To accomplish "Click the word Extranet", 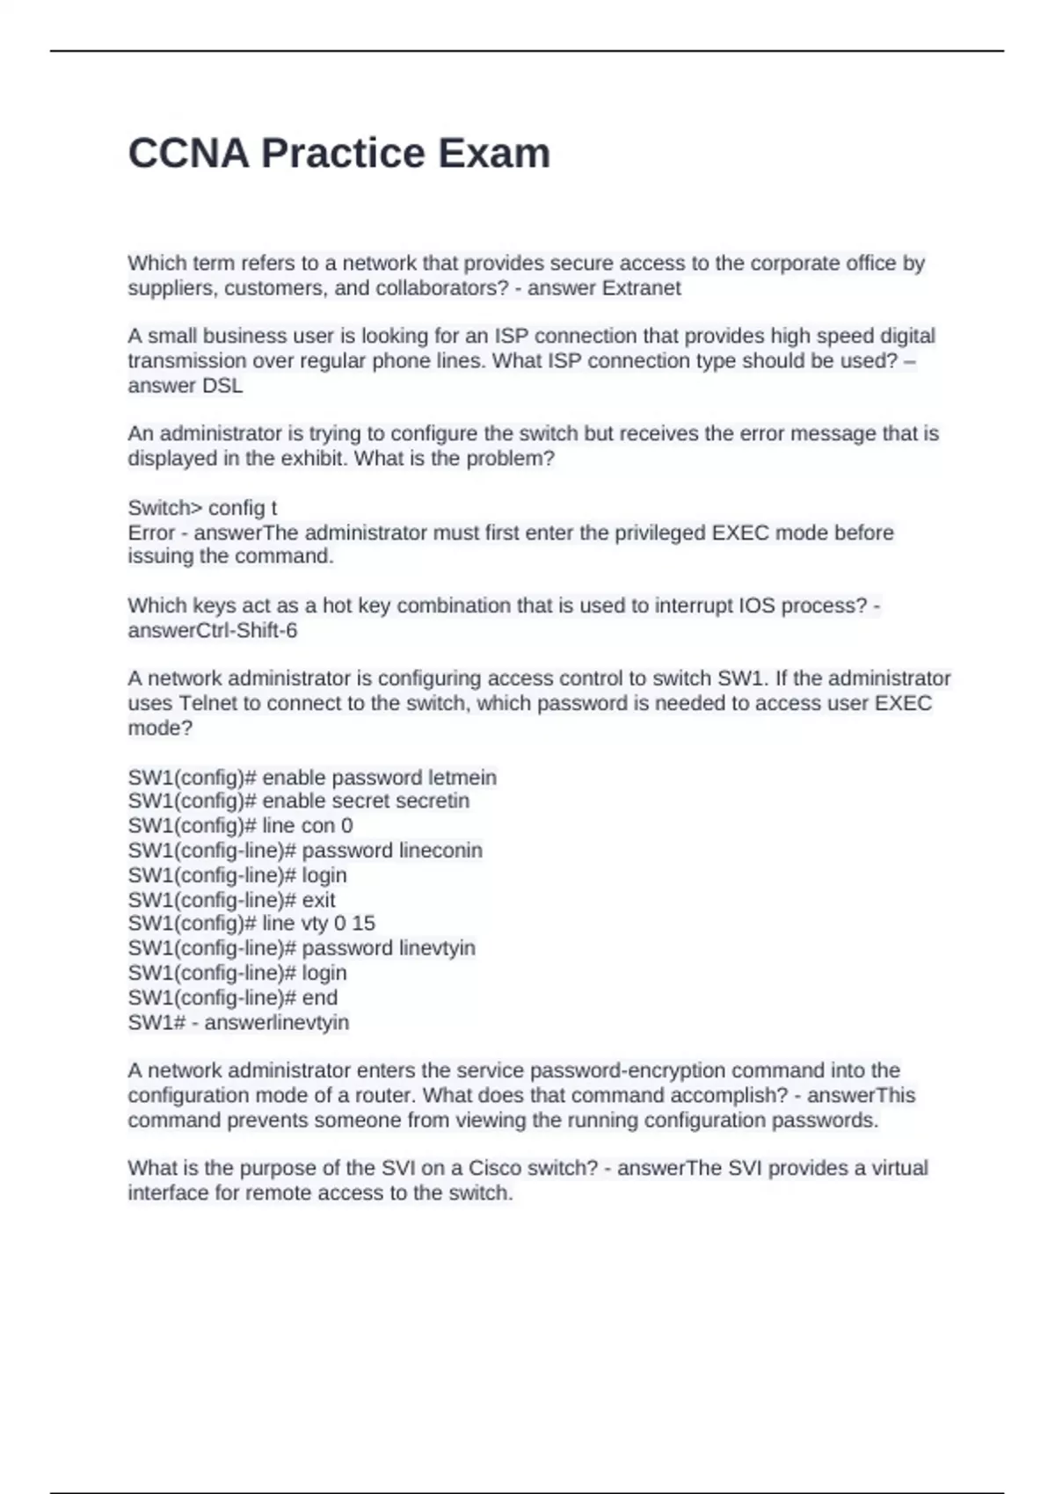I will point(641,288).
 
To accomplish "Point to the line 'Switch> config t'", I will point(202,508).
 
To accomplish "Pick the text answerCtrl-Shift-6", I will point(212,630).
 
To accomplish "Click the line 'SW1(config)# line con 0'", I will point(240,825).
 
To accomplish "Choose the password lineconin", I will point(440,851).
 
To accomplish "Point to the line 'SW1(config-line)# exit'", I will point(231,900).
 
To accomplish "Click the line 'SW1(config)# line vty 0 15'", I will point(251,923).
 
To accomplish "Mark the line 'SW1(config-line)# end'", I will point(232,997).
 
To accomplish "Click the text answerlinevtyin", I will point(276,1022).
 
